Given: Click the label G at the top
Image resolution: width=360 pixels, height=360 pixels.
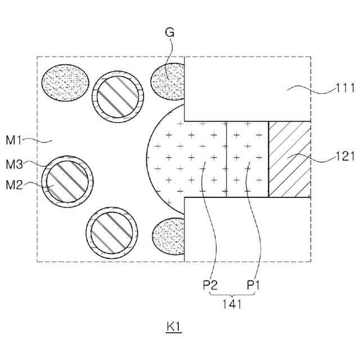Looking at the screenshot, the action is [x=170, y=33].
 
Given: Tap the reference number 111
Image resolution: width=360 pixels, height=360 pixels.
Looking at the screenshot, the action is [x=345, y=88].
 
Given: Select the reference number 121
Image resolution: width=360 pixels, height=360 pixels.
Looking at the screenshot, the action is [x=345, y=156].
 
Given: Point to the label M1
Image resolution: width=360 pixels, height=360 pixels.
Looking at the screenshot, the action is [x=13, y=140].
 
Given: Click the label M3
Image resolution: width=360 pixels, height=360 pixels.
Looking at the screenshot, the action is [x=14, y=164].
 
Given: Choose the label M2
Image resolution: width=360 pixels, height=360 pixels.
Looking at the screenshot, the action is [x=14, y=185].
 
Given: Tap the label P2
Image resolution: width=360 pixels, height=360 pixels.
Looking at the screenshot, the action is [x=210, y=285].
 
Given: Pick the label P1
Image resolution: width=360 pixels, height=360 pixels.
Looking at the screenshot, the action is [x=253, y=285].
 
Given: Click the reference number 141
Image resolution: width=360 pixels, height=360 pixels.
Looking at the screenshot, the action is [x=232, y=304].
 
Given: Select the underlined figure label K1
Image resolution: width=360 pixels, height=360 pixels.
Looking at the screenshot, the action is [x=174, y=327].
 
